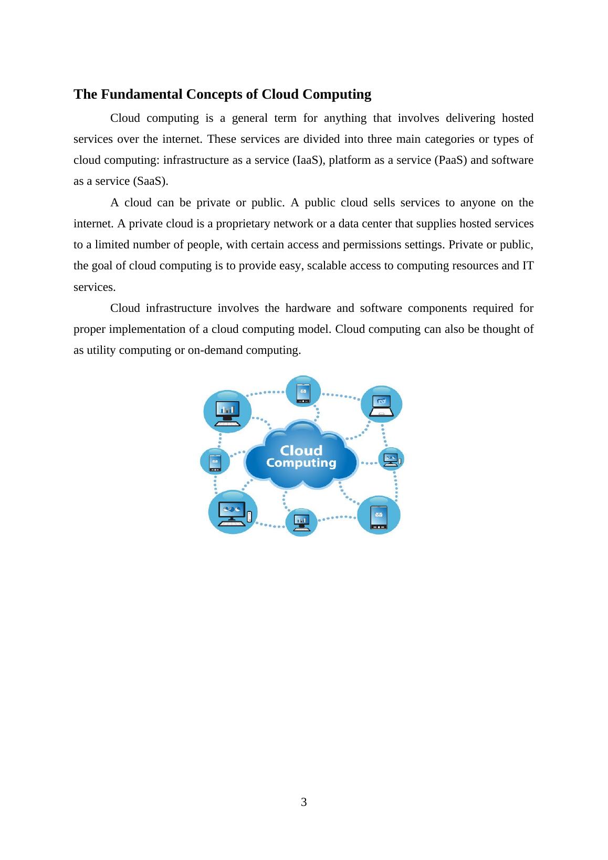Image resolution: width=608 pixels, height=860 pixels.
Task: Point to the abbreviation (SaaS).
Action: tap(151, 181)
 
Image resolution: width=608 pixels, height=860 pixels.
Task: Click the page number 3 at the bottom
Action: tap(304, 802)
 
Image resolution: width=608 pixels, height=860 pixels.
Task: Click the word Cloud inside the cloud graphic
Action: tap(301, 450)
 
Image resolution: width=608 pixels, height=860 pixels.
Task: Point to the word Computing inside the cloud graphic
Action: tap(301, 463)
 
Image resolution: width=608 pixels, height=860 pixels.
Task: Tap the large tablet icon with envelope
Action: tap(379, 516)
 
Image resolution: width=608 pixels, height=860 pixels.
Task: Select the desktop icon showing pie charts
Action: tap(233, 512)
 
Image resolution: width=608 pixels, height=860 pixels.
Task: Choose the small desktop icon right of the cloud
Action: tap(392, 459)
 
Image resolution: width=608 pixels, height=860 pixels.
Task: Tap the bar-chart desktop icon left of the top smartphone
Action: tap(227, 412)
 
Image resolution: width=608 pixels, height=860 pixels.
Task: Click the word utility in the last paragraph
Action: tap(101, 350)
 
